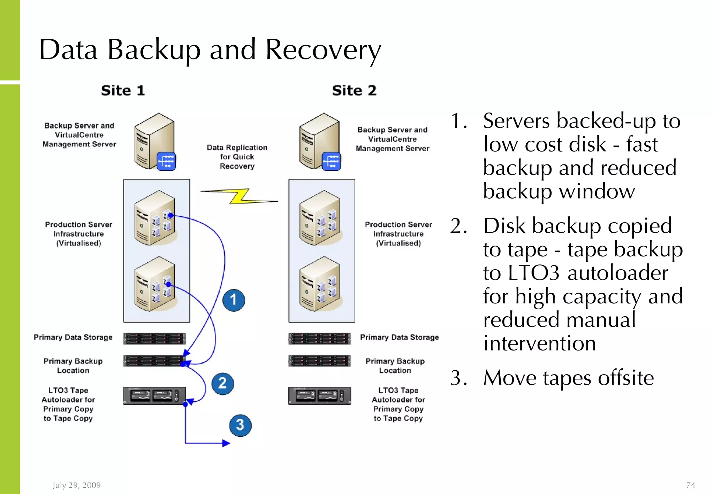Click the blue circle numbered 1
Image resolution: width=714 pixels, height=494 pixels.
(x=234, y=300)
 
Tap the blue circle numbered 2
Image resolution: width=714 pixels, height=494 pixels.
(x=223, y=384)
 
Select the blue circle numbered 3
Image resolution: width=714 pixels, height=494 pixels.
(x=240, y=425)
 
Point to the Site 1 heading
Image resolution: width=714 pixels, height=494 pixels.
(x=123, y=91)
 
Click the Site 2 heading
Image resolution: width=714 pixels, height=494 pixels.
(x=354, y=91)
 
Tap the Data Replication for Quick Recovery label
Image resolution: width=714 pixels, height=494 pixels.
(x=237, y=157)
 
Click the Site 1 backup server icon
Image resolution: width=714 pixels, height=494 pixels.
(x=154, y=142)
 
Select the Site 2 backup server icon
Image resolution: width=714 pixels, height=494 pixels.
(x=320, y=142)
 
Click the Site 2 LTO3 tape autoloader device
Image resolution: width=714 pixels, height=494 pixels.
(x=319, y=396)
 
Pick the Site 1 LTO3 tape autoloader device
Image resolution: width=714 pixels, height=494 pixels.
(x=154, y=396)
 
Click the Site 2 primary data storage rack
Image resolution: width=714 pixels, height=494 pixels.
(x=319, y=339)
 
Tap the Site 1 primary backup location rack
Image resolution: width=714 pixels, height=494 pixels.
(x=154, y=361)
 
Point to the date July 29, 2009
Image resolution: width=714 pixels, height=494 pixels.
(x=77, y=485)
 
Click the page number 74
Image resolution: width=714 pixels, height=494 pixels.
(x=690, y=485)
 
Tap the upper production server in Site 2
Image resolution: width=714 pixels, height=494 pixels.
(x=320, y=218)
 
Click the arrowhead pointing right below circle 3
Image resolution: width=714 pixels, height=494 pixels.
(x=226, y=443)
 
